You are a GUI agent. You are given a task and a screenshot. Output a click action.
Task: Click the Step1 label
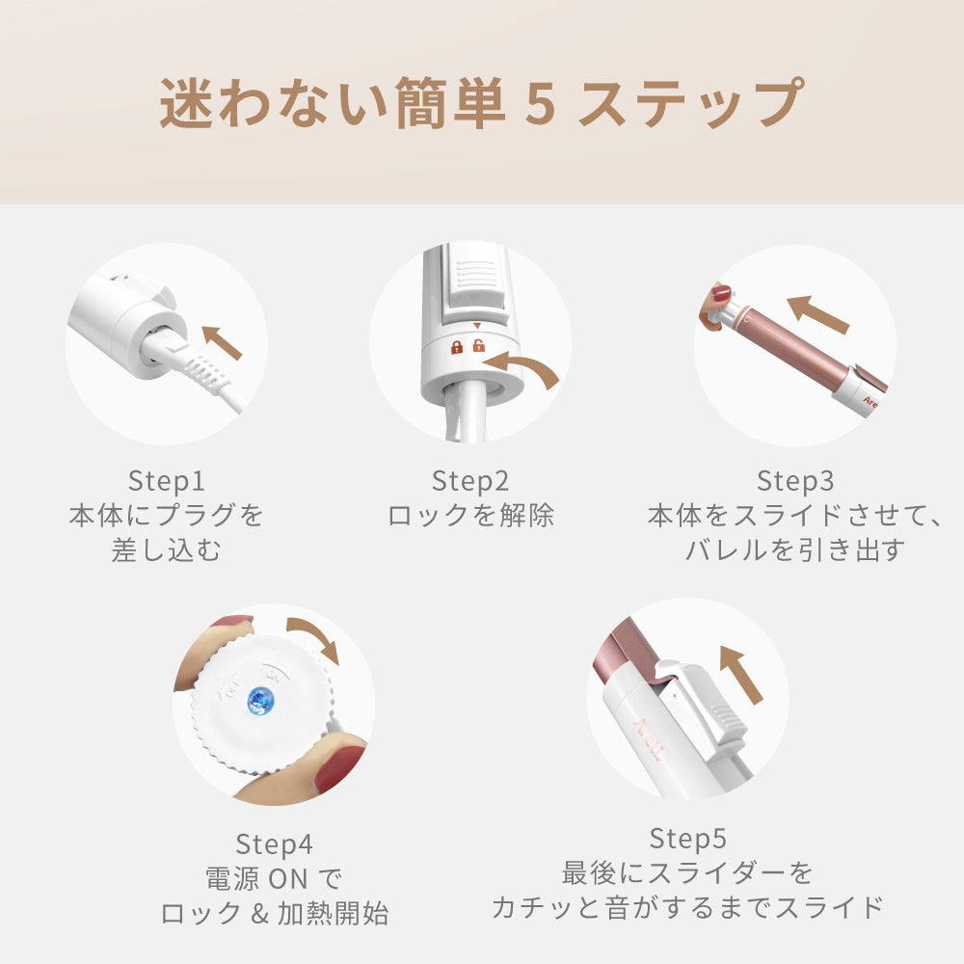166,481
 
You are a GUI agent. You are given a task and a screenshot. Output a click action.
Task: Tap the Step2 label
470,481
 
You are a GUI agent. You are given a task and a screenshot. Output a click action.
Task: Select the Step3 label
795,481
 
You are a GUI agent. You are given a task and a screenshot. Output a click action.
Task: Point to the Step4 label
274,844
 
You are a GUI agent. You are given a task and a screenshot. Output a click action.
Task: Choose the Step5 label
688,838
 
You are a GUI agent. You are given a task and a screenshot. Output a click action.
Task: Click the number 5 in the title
541,104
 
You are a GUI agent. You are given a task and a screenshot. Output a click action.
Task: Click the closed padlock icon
457,347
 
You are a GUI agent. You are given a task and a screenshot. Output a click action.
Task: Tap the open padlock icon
478,345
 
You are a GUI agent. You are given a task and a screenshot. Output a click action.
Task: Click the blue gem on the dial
260,702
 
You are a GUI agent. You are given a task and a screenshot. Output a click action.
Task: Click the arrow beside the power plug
222,342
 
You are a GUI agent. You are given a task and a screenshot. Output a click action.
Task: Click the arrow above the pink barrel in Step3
817,313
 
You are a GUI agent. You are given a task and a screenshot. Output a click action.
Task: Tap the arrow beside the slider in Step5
740,675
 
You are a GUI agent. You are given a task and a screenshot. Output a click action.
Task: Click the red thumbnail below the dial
340,768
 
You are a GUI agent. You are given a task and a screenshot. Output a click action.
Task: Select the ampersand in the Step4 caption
259,914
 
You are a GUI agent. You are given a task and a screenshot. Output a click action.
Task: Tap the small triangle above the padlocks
477,327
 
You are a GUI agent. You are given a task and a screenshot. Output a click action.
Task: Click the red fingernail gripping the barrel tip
721,293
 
